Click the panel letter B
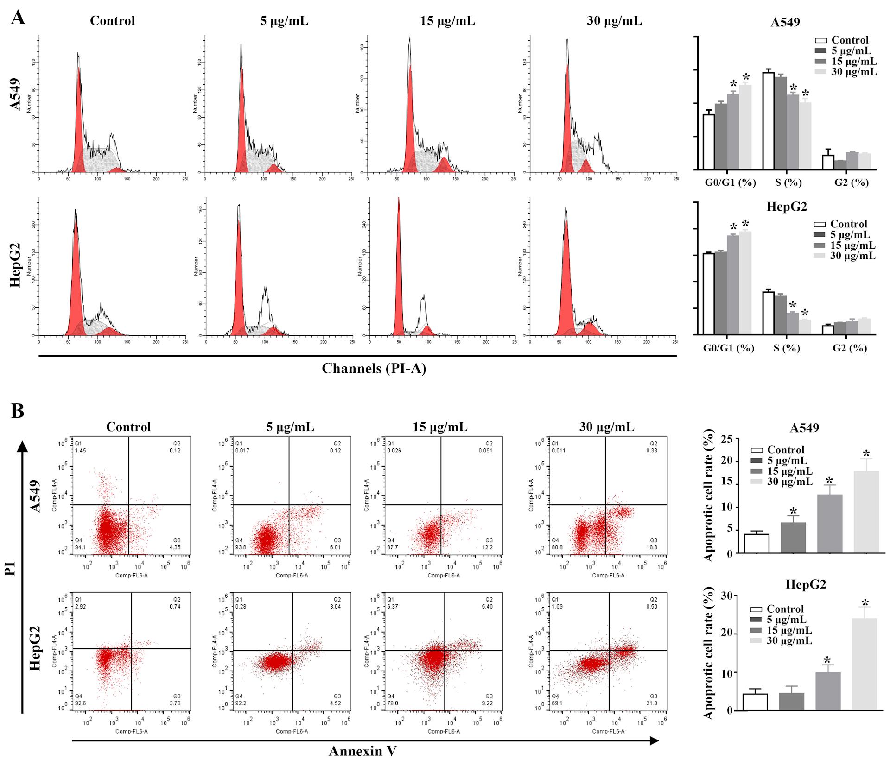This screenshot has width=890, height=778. coord(18,411)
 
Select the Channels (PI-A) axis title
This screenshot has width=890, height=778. coord(374,369)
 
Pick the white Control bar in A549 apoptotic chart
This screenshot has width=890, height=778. coord(756,544)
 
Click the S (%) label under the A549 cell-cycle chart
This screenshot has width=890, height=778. coord(788,182)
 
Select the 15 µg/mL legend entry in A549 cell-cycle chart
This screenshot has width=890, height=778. coord(854,61)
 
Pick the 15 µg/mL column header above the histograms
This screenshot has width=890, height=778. coord(447,21)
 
